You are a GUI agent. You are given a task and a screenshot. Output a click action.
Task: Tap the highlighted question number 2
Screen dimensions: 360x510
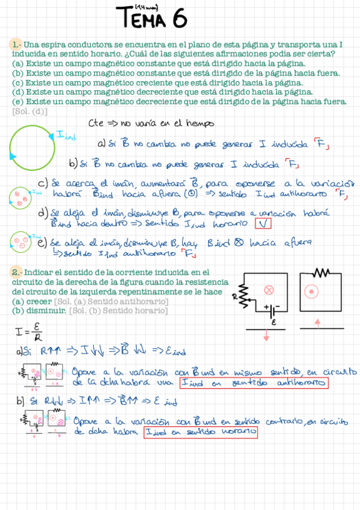click(17, 272)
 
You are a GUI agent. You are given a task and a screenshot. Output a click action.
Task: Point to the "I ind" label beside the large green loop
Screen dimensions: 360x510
click(66, 136)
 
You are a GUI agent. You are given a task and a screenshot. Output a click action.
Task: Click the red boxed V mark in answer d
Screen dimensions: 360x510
click(263, 224)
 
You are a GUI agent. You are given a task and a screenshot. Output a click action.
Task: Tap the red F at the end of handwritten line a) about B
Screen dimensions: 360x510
click(322, 144)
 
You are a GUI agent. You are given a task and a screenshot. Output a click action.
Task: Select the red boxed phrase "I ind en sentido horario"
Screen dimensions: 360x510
click(201, 432)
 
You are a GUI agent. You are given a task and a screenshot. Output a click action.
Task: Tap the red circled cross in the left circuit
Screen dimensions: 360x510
click(269, 290)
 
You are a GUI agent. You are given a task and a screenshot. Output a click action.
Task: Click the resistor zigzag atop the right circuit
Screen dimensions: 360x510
click(321, 273)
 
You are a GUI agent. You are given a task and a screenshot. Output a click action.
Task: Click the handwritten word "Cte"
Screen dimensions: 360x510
click(97, 123)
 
